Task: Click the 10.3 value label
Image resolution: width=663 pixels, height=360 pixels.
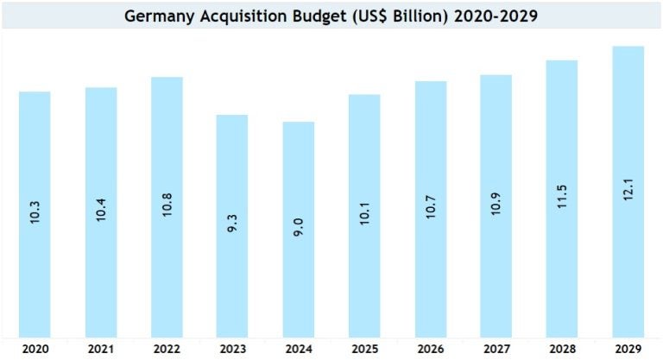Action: tap(35, 211)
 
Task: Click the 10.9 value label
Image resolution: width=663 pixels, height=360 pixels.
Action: tap(497, 209)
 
